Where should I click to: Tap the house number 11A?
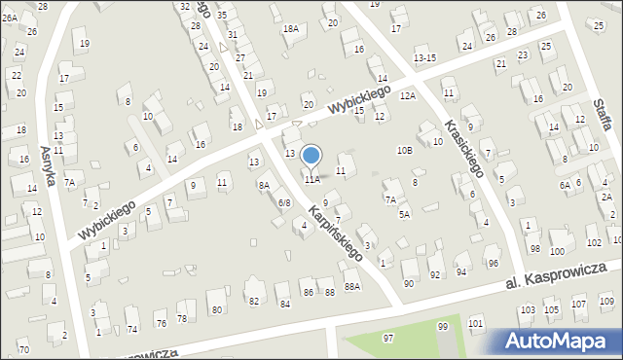[311, 180]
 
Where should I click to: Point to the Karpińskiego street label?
[336, 234]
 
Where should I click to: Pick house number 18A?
[290, 29]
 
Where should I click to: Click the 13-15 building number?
[424, 58]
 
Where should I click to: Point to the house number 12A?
[407, 95]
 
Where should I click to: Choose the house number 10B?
[404, 150]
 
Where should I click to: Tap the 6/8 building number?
[284, 202]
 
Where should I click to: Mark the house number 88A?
[352, 286]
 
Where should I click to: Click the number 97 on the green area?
[388, 338]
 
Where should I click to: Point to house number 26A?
[9, 18]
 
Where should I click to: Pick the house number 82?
[254, 302]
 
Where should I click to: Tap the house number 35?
[222, 16]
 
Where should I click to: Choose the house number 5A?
[404, 214]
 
